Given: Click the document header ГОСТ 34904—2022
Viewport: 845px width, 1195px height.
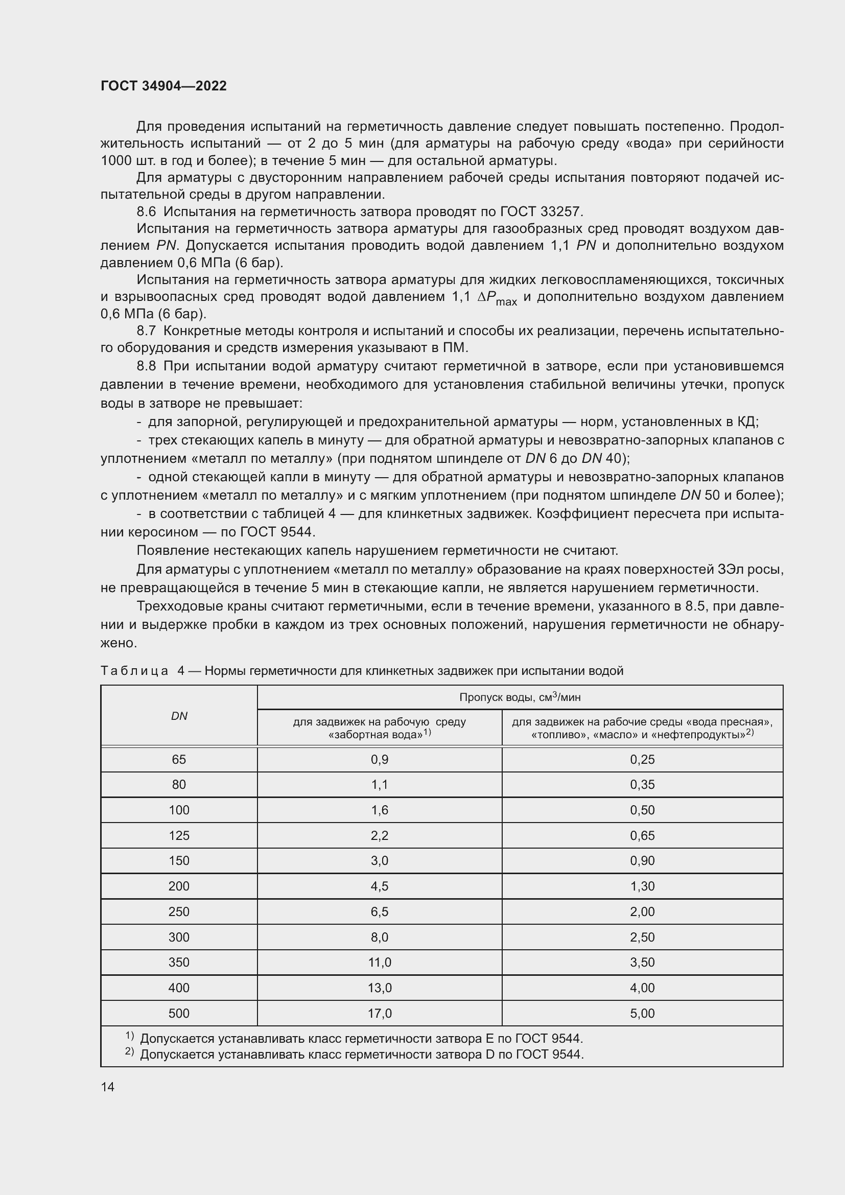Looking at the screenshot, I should (163, 86).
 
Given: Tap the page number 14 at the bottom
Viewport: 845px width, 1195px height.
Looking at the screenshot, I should (108, 1087).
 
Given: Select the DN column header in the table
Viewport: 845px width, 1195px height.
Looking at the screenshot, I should (179, 716).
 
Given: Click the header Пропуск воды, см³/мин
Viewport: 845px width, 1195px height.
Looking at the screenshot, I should (520, 697).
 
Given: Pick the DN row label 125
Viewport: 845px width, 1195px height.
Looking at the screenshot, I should (179, 835).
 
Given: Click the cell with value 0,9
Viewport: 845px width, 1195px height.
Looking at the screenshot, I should (379, 759).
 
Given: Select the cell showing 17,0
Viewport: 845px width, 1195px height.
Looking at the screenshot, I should (379, 1013).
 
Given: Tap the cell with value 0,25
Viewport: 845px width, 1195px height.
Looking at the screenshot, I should (642, 759).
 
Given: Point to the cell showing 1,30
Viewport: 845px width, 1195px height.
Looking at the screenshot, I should (642, 886).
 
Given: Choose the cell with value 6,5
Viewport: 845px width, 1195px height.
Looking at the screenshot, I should (379, 911).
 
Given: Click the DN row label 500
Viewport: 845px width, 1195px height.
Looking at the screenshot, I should (179, 1013).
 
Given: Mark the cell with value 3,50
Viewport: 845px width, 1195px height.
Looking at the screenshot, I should (642, 963).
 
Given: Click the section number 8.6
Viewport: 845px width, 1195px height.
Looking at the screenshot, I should (146, 212).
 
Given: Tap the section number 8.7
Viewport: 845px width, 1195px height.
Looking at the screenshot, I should (146, 331).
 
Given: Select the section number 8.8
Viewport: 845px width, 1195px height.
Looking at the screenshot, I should (146, 366).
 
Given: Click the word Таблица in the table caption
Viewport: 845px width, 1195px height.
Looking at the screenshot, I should (134, 671).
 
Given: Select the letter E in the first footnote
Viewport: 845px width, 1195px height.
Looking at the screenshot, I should (489, 1039).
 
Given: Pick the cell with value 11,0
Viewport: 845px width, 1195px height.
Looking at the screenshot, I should (379, 963).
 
